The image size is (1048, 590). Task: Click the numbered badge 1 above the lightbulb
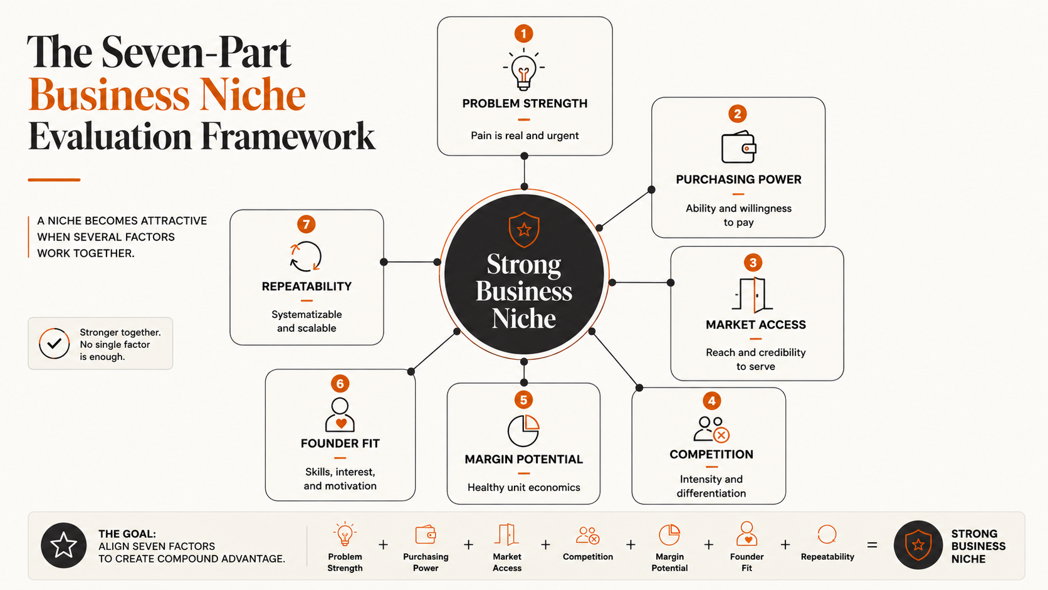coord(523,34)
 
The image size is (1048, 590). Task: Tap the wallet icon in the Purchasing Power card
coord(738,147)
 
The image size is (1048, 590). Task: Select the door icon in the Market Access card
coord(753,295)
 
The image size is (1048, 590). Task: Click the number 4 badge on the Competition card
coord(711,401)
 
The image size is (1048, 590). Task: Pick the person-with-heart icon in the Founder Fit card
coord(340,415)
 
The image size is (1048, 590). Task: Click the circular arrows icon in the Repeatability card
coord(305,256)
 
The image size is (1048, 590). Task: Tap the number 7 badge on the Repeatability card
coord(307,224)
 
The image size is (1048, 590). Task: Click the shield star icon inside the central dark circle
coord(524,229)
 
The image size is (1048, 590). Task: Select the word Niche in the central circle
coord(523,319)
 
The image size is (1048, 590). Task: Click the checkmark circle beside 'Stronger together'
coord(55,344)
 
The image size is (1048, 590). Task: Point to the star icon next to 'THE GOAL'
coord(64,545)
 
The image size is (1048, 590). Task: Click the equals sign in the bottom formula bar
coord(872,545)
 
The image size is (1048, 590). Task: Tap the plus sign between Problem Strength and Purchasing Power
coord(383,545)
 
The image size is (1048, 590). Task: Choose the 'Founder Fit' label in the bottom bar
coord(747,562)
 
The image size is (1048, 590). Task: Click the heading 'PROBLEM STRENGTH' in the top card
coord(525,103)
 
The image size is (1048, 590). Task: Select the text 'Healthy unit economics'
coord(524,488)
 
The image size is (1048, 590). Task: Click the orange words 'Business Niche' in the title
coord(167,95)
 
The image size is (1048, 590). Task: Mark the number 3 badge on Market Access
coord(753,263)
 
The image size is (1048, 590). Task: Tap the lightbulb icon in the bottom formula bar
coord(345,534)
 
